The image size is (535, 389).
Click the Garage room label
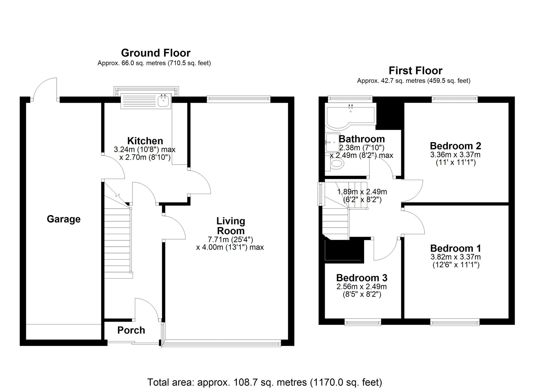[63, 219]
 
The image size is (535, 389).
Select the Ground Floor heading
[156, 53]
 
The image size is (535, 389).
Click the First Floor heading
[415, 71]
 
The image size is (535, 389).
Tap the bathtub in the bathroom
[350, 115]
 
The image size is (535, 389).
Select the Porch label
[131, 330]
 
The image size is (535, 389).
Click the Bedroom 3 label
[362, 278]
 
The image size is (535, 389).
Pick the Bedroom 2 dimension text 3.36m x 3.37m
[455, 155]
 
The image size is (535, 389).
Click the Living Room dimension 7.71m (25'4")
[230, 239]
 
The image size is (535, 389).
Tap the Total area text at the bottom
[264, 382]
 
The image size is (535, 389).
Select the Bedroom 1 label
[455, 248]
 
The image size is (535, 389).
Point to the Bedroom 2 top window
[455, 100]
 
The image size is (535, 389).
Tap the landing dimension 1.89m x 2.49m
[362, 192]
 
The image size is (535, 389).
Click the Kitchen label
[145, 141]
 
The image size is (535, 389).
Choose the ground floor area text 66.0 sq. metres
[154, 63]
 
